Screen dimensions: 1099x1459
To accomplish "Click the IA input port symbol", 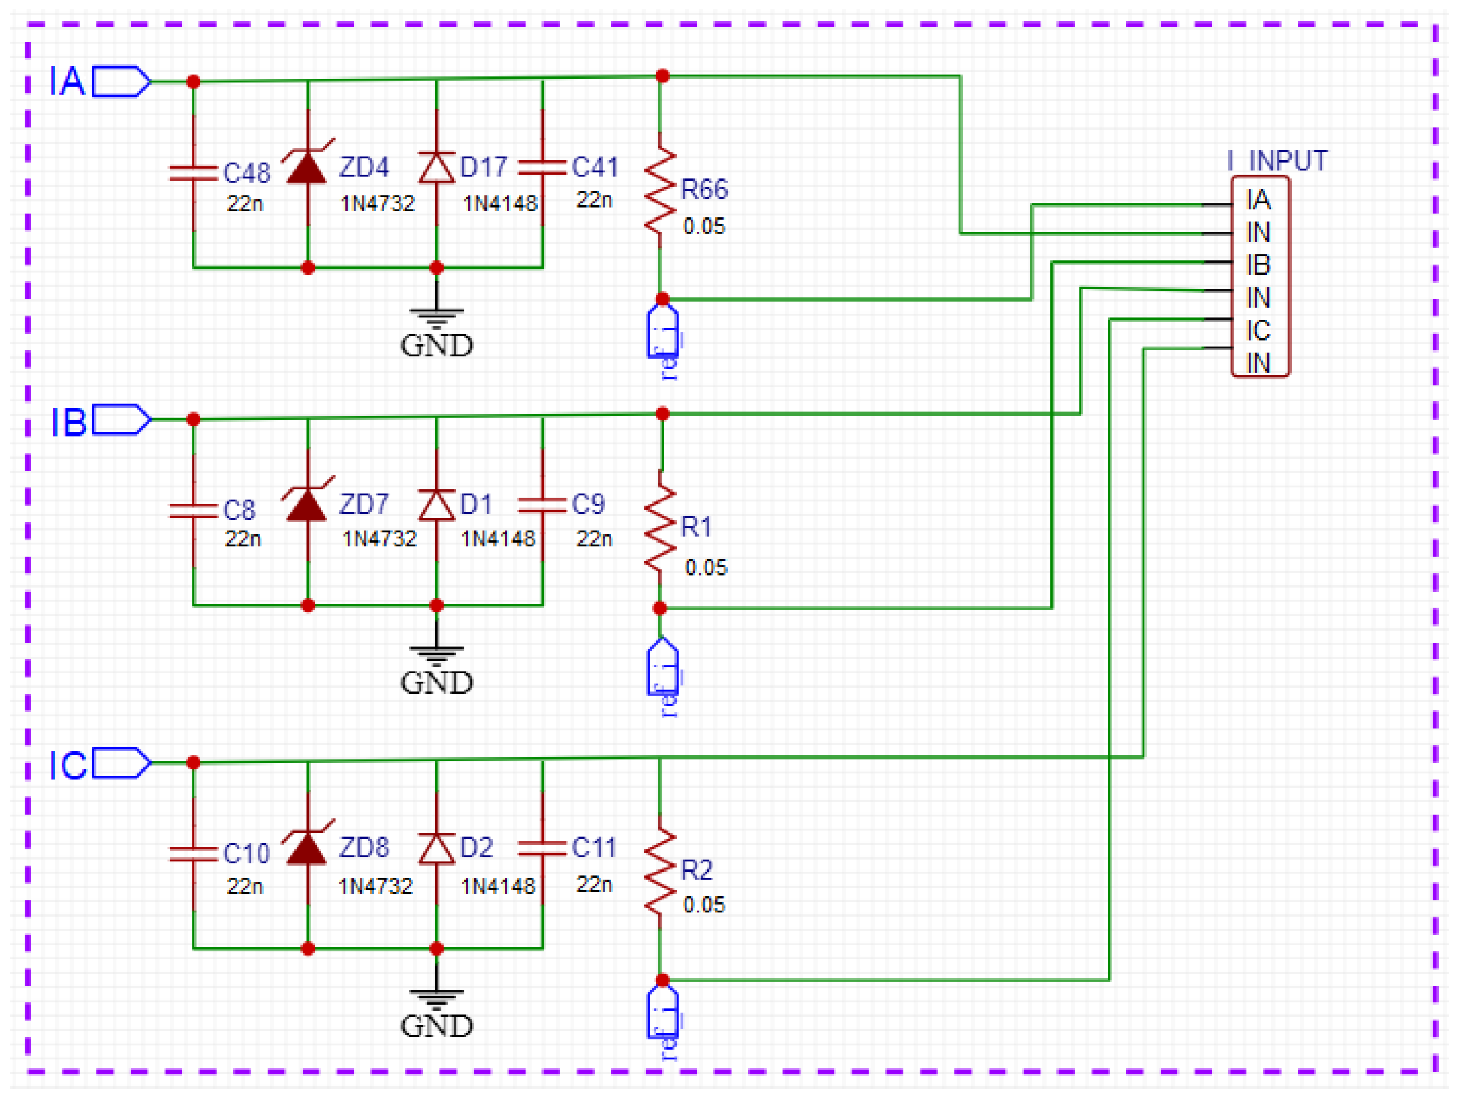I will (x=121, y=82).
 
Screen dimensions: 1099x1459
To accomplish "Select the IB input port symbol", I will (x=121, y=420).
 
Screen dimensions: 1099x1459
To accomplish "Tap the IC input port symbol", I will (x=121, y=763).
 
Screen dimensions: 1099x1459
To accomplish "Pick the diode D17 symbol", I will (x=437, y=168).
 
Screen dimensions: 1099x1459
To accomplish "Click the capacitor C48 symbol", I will (x=193, y=173).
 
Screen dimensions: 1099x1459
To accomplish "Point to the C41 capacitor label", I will (x=595, y=168).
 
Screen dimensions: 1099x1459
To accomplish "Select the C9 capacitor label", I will (x=588, y=505).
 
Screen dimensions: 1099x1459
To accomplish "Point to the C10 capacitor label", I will (x=247, y=853).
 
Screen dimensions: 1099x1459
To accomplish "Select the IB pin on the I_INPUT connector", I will (x=1258, y=265).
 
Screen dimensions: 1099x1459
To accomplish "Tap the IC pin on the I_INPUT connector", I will (x=1258, y=331).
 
